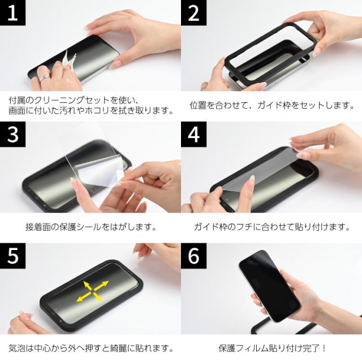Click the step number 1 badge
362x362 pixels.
12,12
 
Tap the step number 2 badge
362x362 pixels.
193,12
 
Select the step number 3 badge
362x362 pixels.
12,134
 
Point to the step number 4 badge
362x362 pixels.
193,134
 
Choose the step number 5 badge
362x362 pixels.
12,256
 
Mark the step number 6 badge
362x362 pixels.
193,256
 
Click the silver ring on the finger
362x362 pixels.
44,78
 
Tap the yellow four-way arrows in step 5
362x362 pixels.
92,291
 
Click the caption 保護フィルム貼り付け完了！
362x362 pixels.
273,348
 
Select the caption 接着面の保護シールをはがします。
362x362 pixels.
91,227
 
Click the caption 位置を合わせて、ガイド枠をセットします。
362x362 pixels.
272,105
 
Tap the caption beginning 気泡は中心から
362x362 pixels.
91,348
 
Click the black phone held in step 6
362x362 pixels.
270,286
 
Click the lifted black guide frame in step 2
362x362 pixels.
270,53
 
